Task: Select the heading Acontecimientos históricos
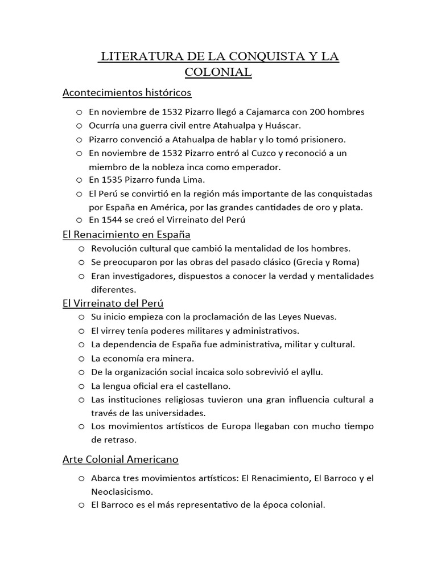pos(127,92)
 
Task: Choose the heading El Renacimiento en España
pos(126,235)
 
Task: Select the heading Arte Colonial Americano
pos(121,459)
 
